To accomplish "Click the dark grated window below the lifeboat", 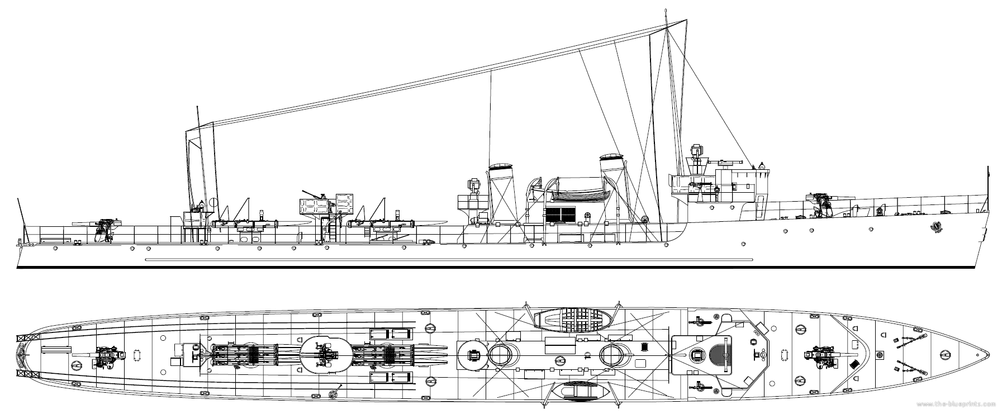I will tap(560, 213).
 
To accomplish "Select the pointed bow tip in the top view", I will tap(988, 354).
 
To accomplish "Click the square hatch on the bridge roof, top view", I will tap(696, 354).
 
